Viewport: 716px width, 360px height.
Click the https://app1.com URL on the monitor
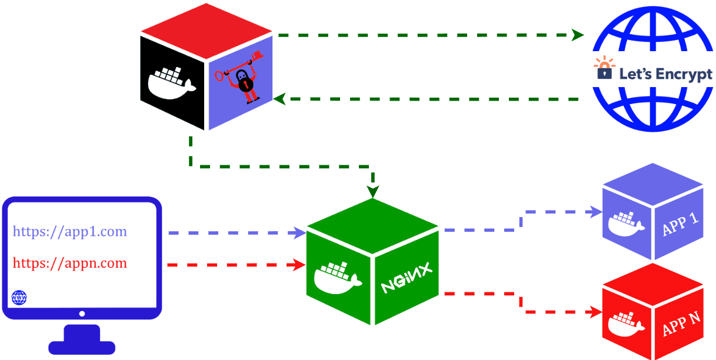point(70,231)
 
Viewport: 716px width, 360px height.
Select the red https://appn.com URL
point(70,263)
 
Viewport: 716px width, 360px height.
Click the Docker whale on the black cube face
point(171,83)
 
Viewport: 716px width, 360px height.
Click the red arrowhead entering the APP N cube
point(597,312)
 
